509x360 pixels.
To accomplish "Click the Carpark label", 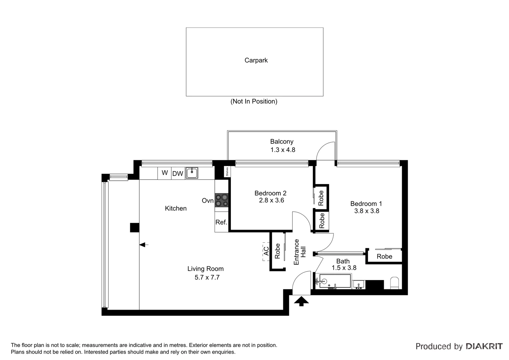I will (x=256, y=60).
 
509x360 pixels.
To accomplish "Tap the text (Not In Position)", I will (x=254, y=101).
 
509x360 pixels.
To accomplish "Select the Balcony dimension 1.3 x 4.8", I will (x=282, y=150).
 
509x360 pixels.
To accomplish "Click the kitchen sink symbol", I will (x=192, y=173).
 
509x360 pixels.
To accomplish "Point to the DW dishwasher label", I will (x=178, y=174).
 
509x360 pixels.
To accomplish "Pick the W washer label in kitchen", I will (x=165, y=173).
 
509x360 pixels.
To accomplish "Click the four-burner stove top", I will (x=222, y=200).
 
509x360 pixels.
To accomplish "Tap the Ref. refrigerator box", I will (x=221, y=222).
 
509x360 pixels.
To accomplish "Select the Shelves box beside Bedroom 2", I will (x=227, y=172).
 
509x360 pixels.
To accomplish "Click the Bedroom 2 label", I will (x=270, y=193).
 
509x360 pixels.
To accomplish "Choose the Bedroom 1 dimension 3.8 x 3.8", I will (x=366, y=211).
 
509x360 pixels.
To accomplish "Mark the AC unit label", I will (x=266, y=251).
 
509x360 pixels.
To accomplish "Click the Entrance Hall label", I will (x=299, y=252).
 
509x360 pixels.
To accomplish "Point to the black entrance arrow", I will (x=301, y=301).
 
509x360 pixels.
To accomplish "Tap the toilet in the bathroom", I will (x=394, y=283).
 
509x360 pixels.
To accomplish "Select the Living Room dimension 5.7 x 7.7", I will (x=207, y=277).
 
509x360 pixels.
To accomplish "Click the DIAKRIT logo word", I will (x=484, y=346).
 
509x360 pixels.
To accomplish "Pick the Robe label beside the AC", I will (x=277, y=251).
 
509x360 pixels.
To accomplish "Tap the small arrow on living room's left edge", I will (x=144, y=245).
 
